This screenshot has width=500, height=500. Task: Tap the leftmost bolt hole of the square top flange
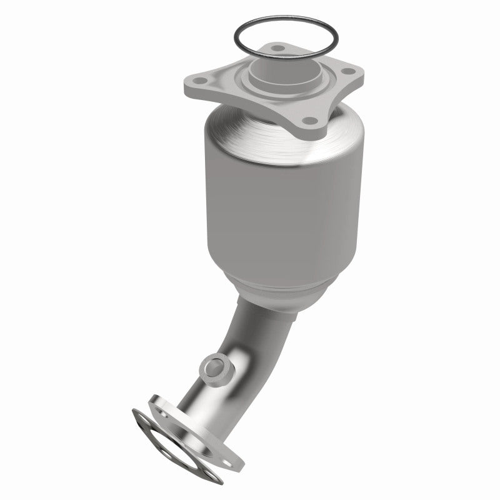pos(200,81)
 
